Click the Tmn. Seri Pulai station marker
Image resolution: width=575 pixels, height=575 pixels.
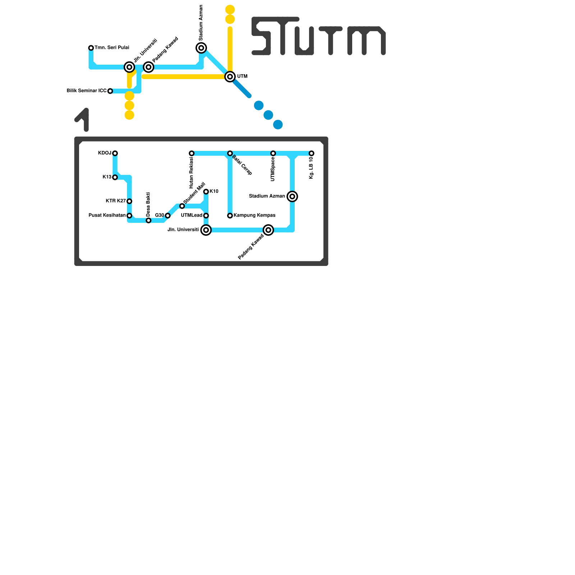[91, 48]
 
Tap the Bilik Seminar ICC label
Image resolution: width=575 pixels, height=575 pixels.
[87, 91]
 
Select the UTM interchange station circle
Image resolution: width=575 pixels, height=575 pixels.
[230, 77]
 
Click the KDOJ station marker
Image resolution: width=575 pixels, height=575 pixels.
[115, 153]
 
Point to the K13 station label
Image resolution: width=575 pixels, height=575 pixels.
[107, 177]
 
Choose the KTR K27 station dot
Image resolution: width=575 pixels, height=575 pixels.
[129, 201]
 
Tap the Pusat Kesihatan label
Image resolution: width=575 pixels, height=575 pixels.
[107, 216]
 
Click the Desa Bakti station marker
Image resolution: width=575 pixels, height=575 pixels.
[148, 220]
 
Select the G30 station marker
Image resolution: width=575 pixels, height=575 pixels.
[167, 216]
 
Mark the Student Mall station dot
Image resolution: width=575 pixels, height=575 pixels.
[182, 206]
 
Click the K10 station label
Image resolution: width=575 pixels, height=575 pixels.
[214, 192]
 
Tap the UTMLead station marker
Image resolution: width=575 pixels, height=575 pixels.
[206, 216]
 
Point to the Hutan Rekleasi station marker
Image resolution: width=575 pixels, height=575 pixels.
[192, 153]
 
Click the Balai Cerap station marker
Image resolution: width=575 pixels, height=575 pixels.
[230, 153]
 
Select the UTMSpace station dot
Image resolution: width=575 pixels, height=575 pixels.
[273, 153]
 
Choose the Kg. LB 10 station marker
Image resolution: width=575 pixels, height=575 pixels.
[312, 153]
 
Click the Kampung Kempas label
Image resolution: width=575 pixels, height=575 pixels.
[254, 216]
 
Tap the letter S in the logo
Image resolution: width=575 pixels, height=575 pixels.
[262, 36]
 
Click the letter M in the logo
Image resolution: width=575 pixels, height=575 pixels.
[367, 40]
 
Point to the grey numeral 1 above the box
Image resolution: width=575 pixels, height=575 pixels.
[83, 119]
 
